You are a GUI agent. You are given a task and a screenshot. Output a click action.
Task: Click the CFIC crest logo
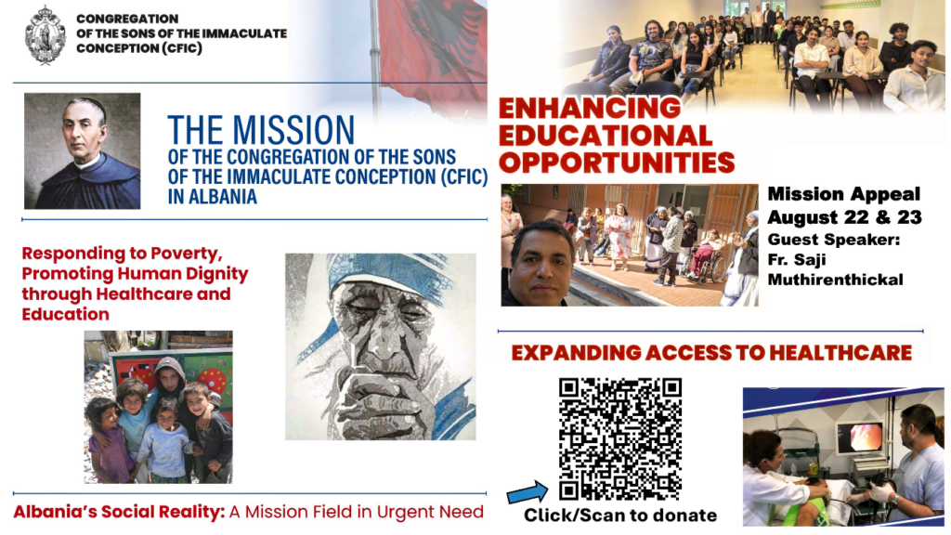click(x=45, y=34)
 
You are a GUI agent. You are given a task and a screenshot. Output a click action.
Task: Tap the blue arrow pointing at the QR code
click(x=528, y=492)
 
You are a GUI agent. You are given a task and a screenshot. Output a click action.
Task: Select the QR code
click(x=619, y=438)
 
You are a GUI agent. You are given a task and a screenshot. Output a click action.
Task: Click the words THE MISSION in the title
click(x=261, y=130)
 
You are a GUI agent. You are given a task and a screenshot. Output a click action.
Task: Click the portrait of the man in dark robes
click(x=83, y=151)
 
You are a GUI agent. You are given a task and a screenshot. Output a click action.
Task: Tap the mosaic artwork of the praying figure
click(x=380, y=346)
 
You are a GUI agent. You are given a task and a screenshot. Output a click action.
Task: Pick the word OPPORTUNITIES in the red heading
click(x=617, y=163)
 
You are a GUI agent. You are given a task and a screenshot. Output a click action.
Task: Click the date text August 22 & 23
click(x=844, y=217)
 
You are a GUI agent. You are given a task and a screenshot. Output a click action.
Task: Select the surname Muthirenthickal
click(x=835, y=280)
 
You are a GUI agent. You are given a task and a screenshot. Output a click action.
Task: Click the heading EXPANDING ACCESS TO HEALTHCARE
click(x=711, y=352)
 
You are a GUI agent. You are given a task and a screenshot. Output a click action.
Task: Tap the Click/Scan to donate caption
click(x=619, y=515)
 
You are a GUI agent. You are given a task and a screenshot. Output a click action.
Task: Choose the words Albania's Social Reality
click(x=119, y=512)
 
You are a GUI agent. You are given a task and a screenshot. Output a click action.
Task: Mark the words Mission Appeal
click(x=843, y=194)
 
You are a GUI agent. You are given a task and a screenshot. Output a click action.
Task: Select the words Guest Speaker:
click(x=833, y=240)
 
